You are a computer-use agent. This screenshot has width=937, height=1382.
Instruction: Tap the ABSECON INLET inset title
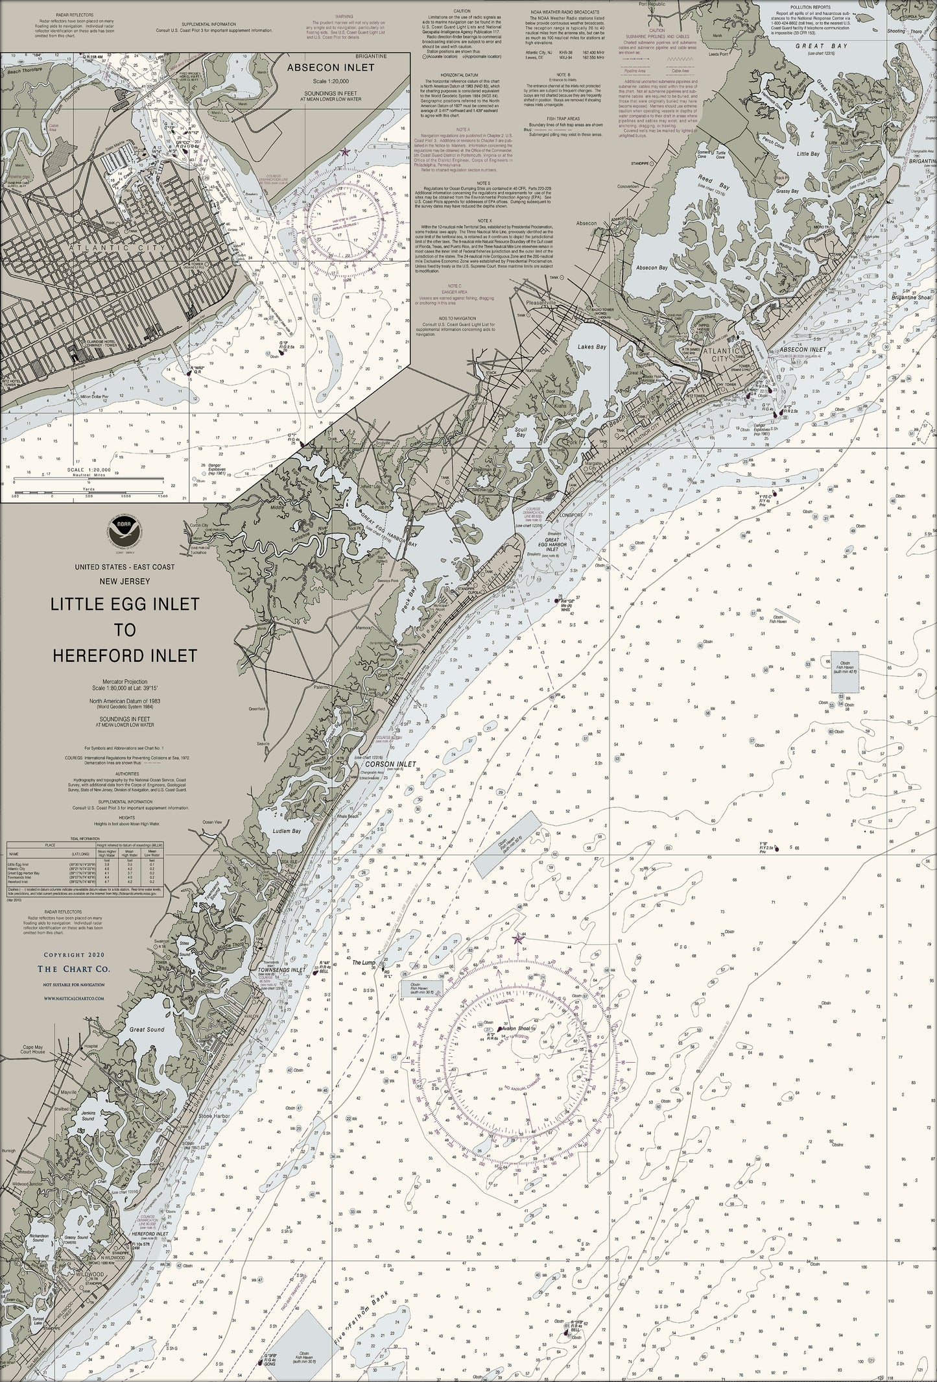(x=327, y=67)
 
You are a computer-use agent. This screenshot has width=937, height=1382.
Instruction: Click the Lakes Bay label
(x=592, y=347)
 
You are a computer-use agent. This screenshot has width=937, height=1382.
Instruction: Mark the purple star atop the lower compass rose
(x=517, y=939)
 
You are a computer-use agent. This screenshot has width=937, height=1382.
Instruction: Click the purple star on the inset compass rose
(x=345, y=151)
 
